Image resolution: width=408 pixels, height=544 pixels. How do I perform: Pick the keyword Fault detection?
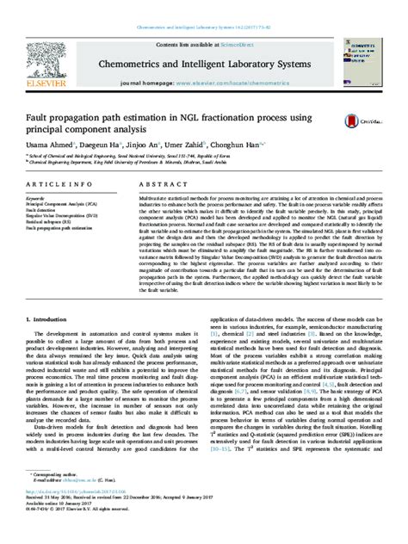(44, 209)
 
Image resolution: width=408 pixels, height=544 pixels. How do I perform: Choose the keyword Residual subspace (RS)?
(52, 221)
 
